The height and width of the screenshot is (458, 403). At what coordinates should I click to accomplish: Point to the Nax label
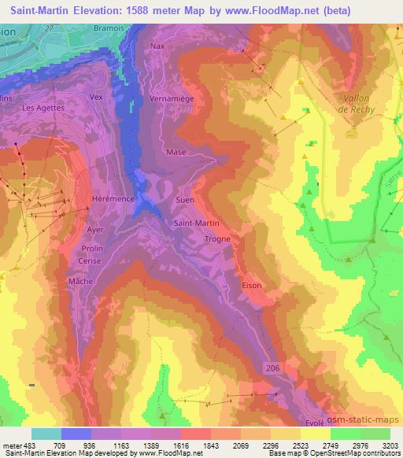[x=158, y=46]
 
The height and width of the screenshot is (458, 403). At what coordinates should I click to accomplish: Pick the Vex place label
[x=97, y=97]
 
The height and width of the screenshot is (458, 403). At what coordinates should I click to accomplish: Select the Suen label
[x=185, y=201]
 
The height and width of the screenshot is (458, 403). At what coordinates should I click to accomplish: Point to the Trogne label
[x=216, y=238]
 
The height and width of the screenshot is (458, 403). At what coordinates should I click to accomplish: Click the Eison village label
[x=251, y=286]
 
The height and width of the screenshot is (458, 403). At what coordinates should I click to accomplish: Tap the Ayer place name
[x=95, y=230]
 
